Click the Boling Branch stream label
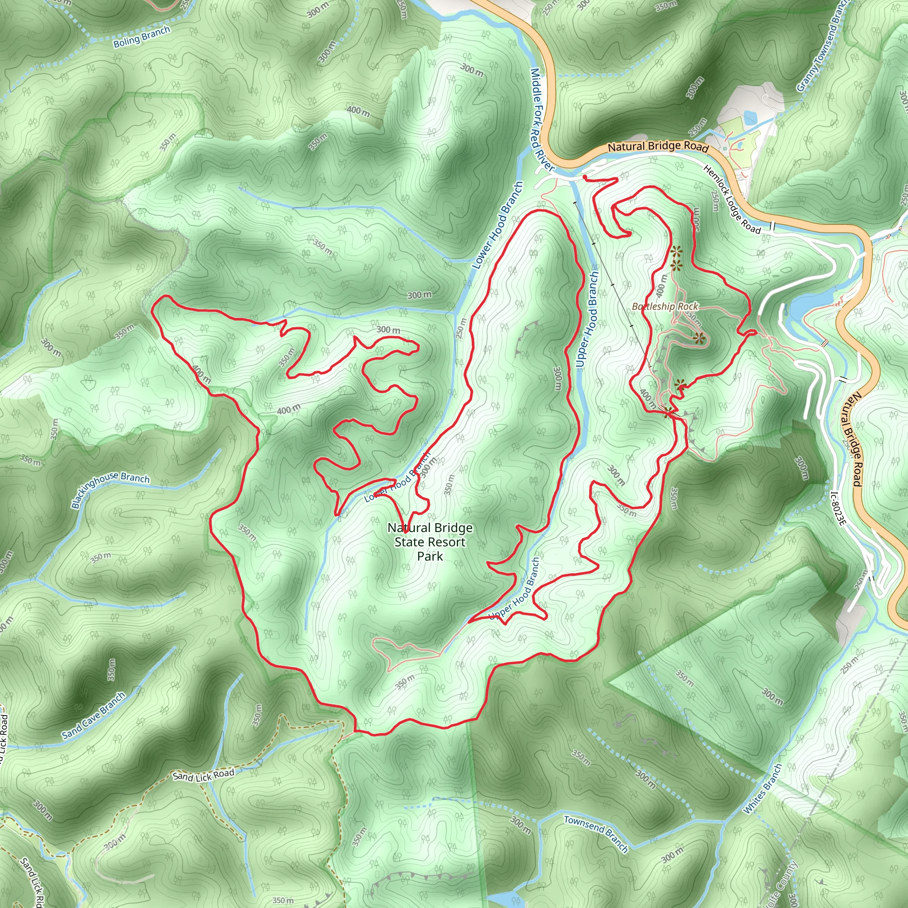pos(141,37)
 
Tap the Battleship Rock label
pos(665,306)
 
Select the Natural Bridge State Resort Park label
pos(430,542)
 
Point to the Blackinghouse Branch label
pos(110,490)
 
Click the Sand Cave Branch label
pos(94,716)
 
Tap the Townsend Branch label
pos(596,833)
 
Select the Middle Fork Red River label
pos(541,120)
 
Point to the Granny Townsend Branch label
pos(822,46)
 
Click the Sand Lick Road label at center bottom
pos(203,775)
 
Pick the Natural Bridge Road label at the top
pos(658,147)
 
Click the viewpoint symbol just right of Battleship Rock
pos(699,338)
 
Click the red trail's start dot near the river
pos(585,177)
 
